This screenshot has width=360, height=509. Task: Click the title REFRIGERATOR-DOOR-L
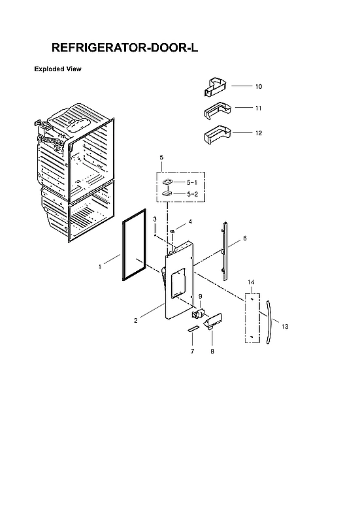123,48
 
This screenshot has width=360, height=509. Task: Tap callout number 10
259,86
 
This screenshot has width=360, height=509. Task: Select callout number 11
259,107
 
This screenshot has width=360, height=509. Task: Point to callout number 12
259,133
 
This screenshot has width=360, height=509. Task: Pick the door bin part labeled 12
215,135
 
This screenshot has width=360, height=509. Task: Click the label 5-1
191,182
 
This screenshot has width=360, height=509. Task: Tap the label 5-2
191,194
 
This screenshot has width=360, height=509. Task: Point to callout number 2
135,320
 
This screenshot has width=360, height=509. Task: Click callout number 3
154,218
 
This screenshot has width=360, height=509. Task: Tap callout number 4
190,222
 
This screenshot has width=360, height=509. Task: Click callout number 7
192,352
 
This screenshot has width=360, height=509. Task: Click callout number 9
200,297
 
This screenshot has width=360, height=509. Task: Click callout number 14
251,282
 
